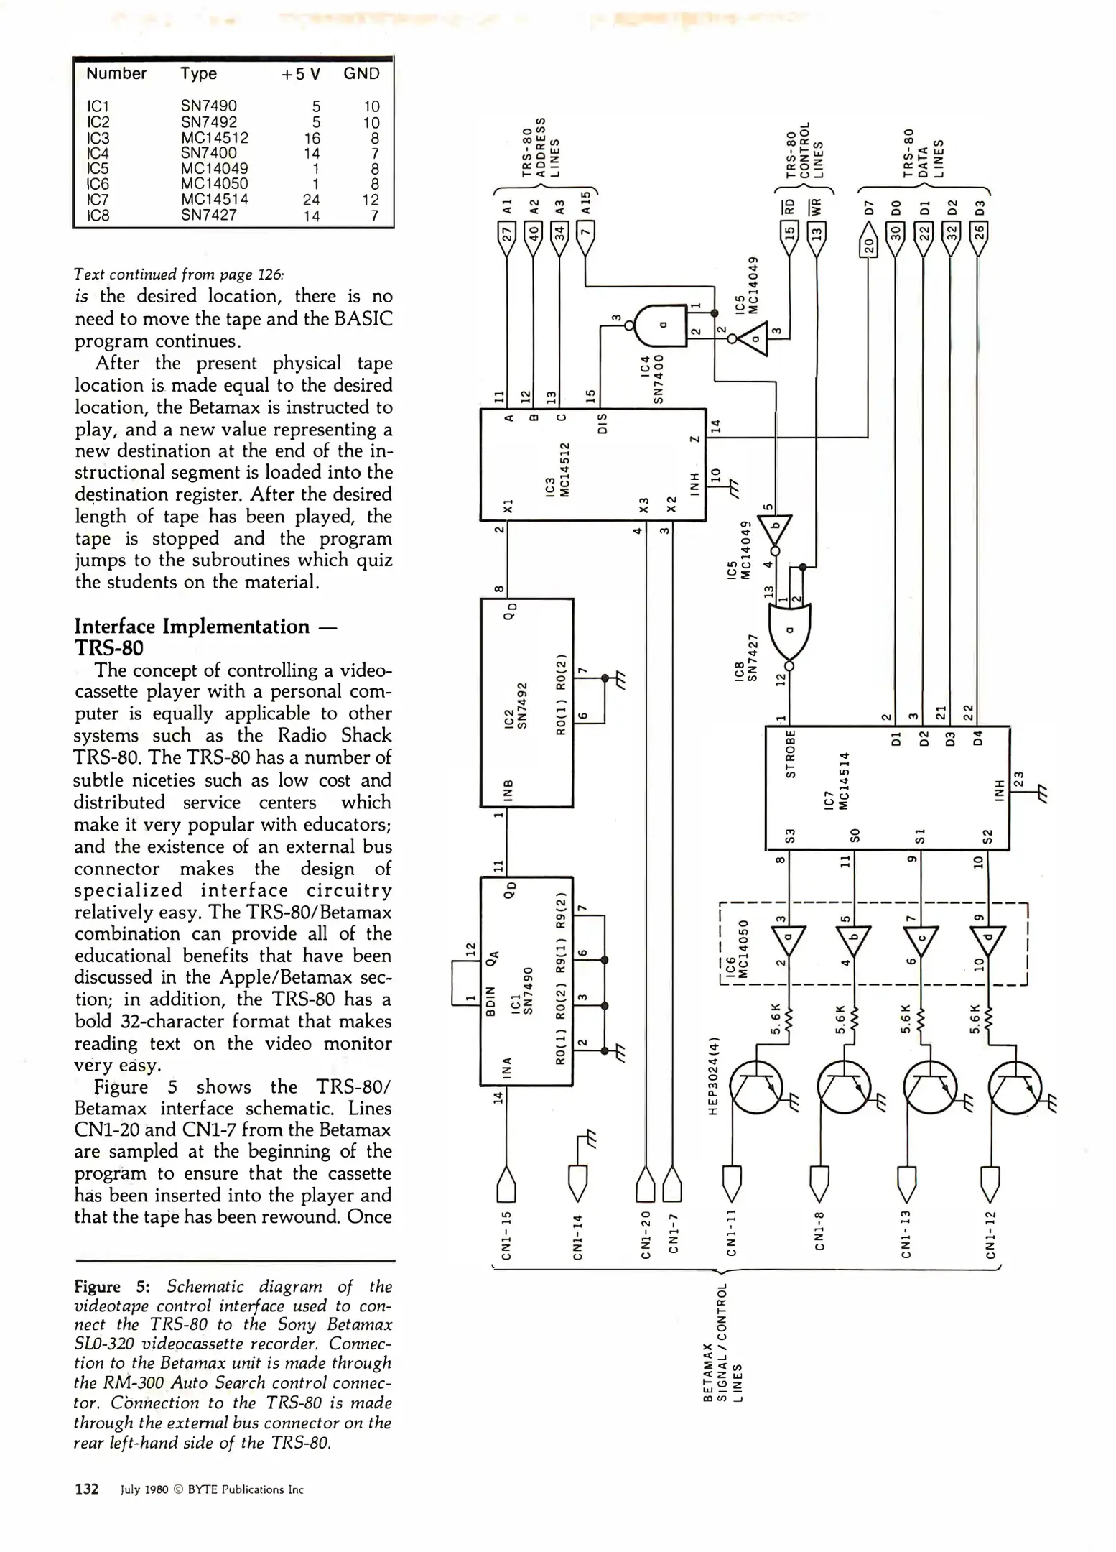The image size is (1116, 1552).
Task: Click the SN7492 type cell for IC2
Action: click(x=208, y=122)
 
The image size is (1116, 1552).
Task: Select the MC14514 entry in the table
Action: click(x=214, y=200)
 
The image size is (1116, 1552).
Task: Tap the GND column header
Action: click(x=361, y=74)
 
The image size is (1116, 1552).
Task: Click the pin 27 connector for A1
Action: click(x=507, y=236)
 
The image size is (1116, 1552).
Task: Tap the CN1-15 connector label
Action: click(x=506, y=1234)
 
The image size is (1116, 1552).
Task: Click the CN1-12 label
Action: click(x=990, y=1234)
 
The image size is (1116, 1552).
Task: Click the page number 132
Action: click(x=86, y=1489)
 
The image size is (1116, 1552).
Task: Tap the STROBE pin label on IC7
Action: click(x=791, y=754)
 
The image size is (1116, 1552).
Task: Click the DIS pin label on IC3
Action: click(x=603, y=422)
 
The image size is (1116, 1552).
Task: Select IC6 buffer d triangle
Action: click(x=987, y=940)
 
